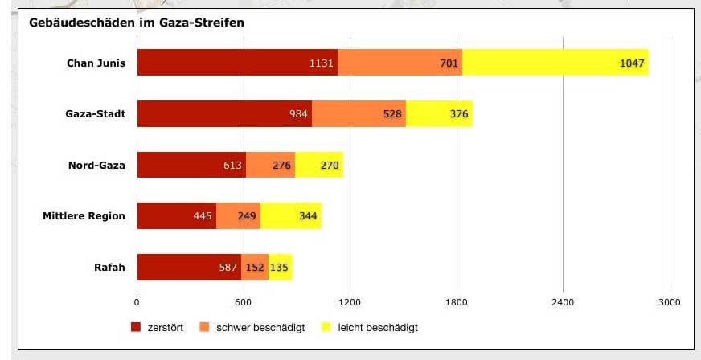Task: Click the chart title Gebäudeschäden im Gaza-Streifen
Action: tap(136, 22)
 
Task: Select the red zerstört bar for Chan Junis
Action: tap(237, 63)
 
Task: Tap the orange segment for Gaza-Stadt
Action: tap(359, 114)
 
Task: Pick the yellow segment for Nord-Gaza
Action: tap(319, 165)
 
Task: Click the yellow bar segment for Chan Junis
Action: tap(555, 63)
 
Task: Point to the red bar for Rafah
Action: tap(189, 267)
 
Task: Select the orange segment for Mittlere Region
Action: tap(238, 216)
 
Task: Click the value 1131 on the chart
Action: tap(322, 63)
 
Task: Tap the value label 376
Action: tap(459, 114)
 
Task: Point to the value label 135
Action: tap(280, 268)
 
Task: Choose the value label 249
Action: tap(247, 216)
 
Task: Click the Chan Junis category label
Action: tap(96, 63)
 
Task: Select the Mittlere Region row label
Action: tap(84, 215)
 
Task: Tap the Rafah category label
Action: tap(109, 267)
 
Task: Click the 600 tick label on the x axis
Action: tap(244, 302)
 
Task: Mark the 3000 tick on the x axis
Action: tap(669, 302)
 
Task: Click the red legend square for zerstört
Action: tap(135, 328)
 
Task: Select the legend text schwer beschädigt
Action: tap(260, 328)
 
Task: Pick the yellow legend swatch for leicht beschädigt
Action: tap(326, 328)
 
